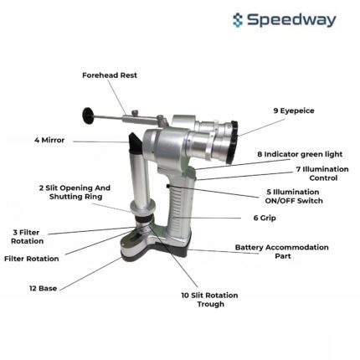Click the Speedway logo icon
coord(238,20)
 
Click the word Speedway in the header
coord(291,20)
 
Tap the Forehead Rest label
coord(110,75)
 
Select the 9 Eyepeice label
coord(294,111)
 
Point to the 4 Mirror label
coord(49,140)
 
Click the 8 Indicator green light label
coord(300,154)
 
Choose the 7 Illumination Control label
coord(322,173)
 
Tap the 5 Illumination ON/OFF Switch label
coord(294,196)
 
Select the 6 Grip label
coord(265,218)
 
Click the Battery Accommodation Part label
coord(282,251)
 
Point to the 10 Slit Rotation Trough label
coord(210,300)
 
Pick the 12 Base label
coord(44,288)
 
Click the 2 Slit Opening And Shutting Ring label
coord(75,192)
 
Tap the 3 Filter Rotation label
coord(27,237)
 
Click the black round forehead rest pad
coord(89,116)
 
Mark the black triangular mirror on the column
coord(136,142)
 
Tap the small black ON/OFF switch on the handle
coord(168,186)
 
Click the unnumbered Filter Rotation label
coord(32,259)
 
